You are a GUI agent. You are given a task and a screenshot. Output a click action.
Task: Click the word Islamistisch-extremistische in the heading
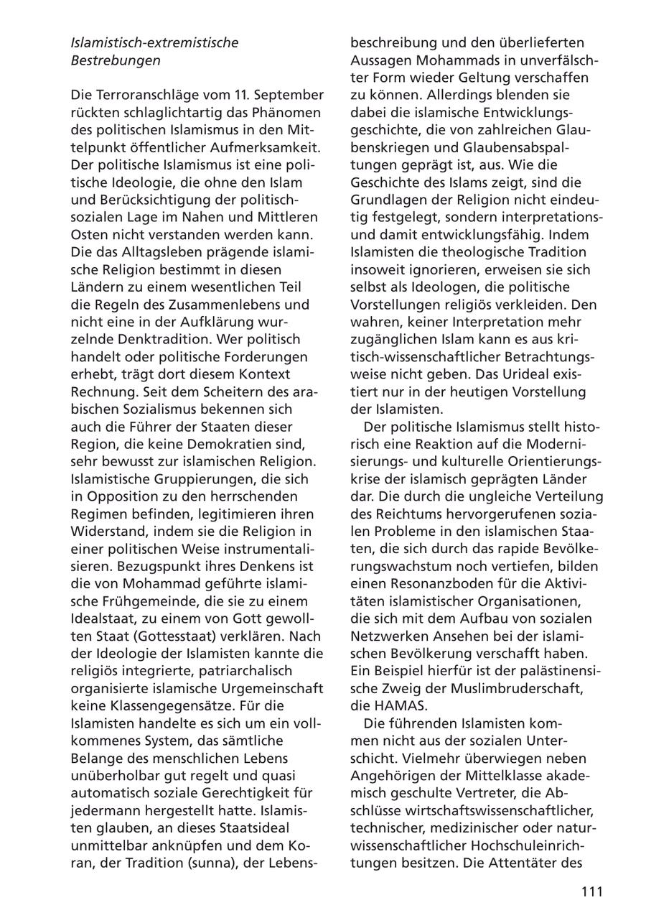tap(154, 42)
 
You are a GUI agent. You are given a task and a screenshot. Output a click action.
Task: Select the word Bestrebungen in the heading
tap(116, 60)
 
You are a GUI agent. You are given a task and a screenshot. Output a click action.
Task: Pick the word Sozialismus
tap(162, 409)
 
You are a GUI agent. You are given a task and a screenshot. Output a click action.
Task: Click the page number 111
tap(591, 891)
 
